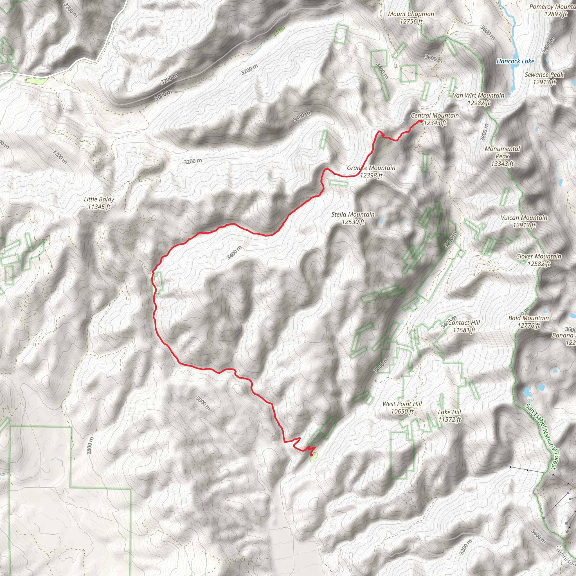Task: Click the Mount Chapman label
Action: point(411,18)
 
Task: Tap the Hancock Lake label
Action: point(515,61)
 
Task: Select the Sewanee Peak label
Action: point(544,78)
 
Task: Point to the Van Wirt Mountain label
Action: point(478,99)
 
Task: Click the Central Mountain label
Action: point(435,119)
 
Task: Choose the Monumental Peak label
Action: point(502,156)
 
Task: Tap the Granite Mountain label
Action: point(371,172)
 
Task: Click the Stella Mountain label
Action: point(353,218)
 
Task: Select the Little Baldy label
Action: point(99,203)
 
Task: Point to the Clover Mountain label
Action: point(538,260)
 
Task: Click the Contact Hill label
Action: point(464,326)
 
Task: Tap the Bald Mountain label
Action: point(528,322)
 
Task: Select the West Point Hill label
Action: point(402,408)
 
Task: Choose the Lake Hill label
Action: point(449,416)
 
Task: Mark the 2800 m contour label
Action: point(90,445)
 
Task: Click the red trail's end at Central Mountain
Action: point(420,121)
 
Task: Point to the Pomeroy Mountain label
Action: point(552,10)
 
